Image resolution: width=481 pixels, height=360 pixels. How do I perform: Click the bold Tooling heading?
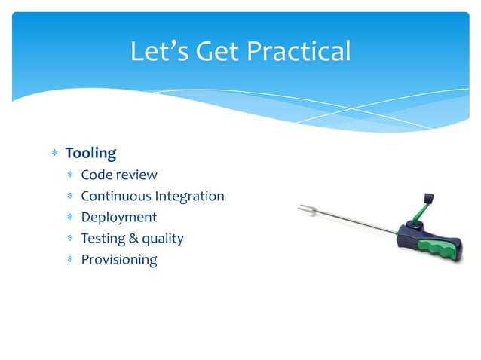90,154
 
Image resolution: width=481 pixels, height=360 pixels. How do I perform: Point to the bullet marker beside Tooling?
54,154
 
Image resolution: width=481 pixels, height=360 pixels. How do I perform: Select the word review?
136,175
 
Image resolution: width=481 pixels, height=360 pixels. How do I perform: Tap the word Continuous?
115,197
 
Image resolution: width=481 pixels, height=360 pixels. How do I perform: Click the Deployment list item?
118,218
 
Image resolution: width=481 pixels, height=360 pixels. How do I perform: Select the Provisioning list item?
118,260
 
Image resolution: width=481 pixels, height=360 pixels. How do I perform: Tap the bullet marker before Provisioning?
69,261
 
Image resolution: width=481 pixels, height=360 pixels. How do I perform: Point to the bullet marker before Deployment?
69,218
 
